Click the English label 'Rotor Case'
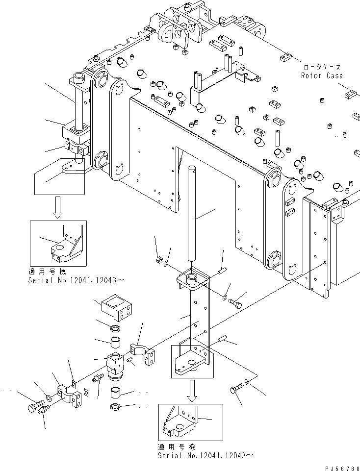click(x=322, y=75)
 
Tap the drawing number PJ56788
click(x=342, y=468)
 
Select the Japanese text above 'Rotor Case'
click(x=322, y=67)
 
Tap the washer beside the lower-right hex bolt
click(x=247, y=382)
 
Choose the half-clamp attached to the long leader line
click(x=142, y=354)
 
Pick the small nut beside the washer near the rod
click(x=159, y=260)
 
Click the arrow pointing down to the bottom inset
click(x=192, y=391)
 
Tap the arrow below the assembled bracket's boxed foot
click(x=57, y=207)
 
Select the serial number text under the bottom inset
click(x=206, y=455)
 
